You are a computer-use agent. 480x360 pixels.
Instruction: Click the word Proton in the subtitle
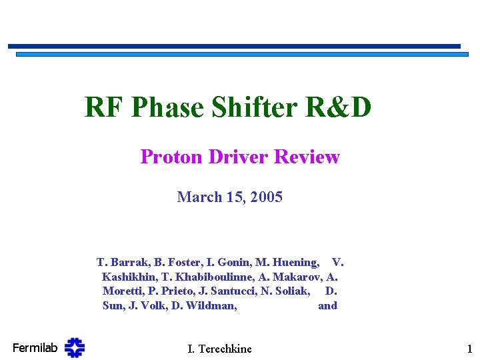172,157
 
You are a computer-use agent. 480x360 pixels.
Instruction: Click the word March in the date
199,197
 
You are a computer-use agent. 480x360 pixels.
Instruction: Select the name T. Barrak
121,262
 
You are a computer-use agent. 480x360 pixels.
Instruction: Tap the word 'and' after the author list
327,306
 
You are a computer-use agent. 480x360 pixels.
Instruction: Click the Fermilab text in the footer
35,347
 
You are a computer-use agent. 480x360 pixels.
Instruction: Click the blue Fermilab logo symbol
75,347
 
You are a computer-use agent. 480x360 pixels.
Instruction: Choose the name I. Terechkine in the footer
220,349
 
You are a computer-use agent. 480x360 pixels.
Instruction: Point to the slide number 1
469,349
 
